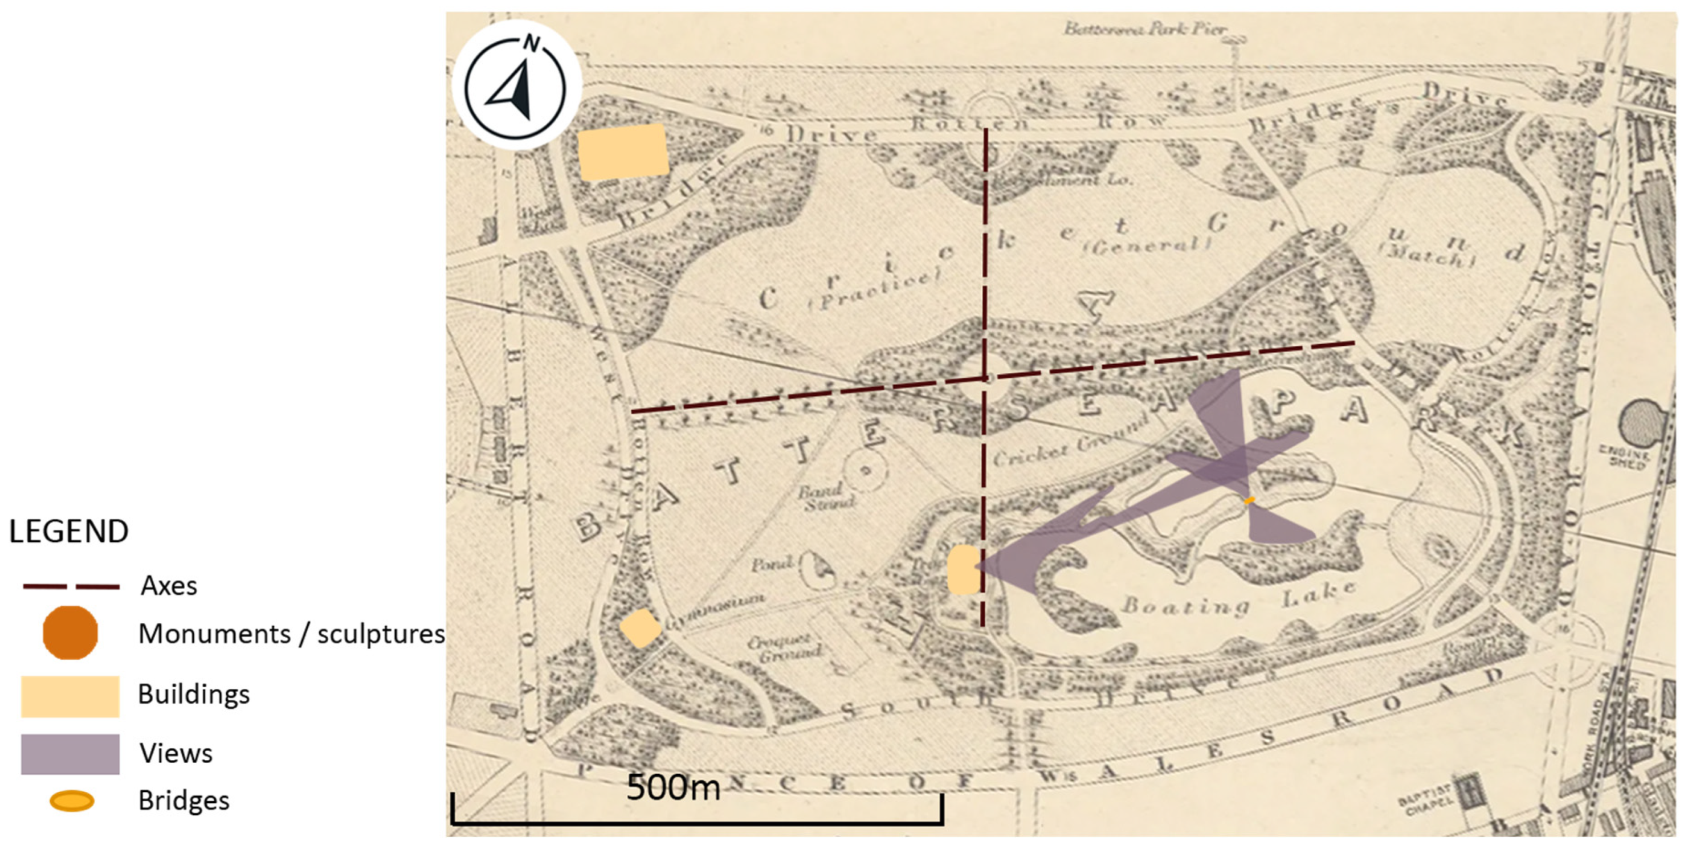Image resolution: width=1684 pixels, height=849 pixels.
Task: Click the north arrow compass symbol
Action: (516, 85)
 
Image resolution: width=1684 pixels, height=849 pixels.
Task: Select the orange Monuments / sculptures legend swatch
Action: (70, 632)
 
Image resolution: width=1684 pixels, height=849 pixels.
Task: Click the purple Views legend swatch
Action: (70, 754)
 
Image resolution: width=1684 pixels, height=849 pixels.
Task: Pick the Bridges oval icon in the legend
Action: (72, 801)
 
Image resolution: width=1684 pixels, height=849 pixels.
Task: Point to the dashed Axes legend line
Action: (71, 586)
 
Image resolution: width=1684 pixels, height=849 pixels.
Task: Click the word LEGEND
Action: (68, 532)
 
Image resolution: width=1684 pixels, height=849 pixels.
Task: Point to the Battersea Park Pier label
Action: (1144, 30)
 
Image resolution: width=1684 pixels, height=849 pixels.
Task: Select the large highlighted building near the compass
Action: (623, 152)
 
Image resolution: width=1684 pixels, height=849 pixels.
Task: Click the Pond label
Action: (772, 564)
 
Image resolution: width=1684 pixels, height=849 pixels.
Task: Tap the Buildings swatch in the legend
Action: (70, 696)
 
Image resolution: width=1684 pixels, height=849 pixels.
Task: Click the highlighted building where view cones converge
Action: (964, 570)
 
